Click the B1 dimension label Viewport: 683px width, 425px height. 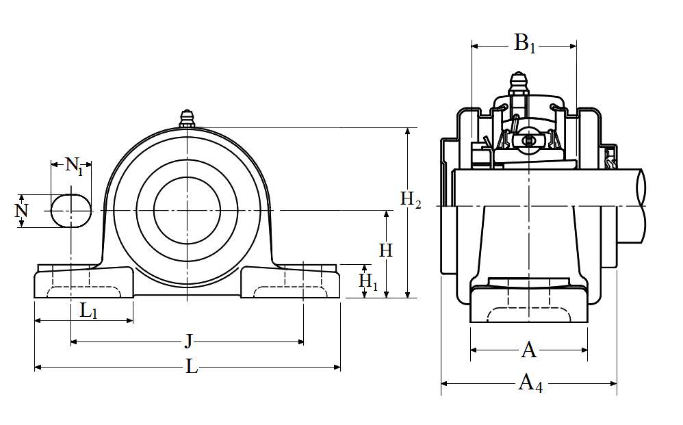coord(524,45)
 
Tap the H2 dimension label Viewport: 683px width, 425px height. coord(411,200)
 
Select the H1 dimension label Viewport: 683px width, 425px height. coord(368,281)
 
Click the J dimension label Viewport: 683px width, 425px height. coord(188,341)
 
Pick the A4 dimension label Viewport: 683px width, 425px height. coord(530,383)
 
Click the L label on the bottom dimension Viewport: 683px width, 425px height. coord(192,368)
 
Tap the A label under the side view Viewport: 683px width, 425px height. coord(529,350)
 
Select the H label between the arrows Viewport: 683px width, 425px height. coord(386,250)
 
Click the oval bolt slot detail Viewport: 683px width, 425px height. coord(71,210)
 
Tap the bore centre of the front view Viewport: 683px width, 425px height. coord(187,211)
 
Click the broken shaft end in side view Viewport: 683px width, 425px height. coord(641,205)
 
